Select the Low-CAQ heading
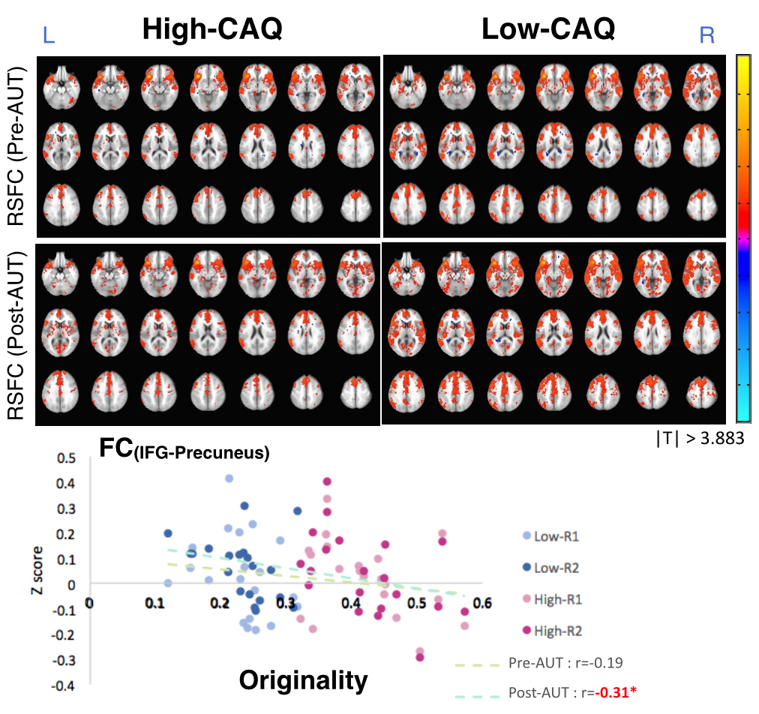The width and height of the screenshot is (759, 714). [548, 29]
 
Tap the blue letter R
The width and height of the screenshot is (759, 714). [706, 35]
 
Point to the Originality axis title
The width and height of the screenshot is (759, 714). [304, 679]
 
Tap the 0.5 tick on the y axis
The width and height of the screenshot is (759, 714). [67, 458]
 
